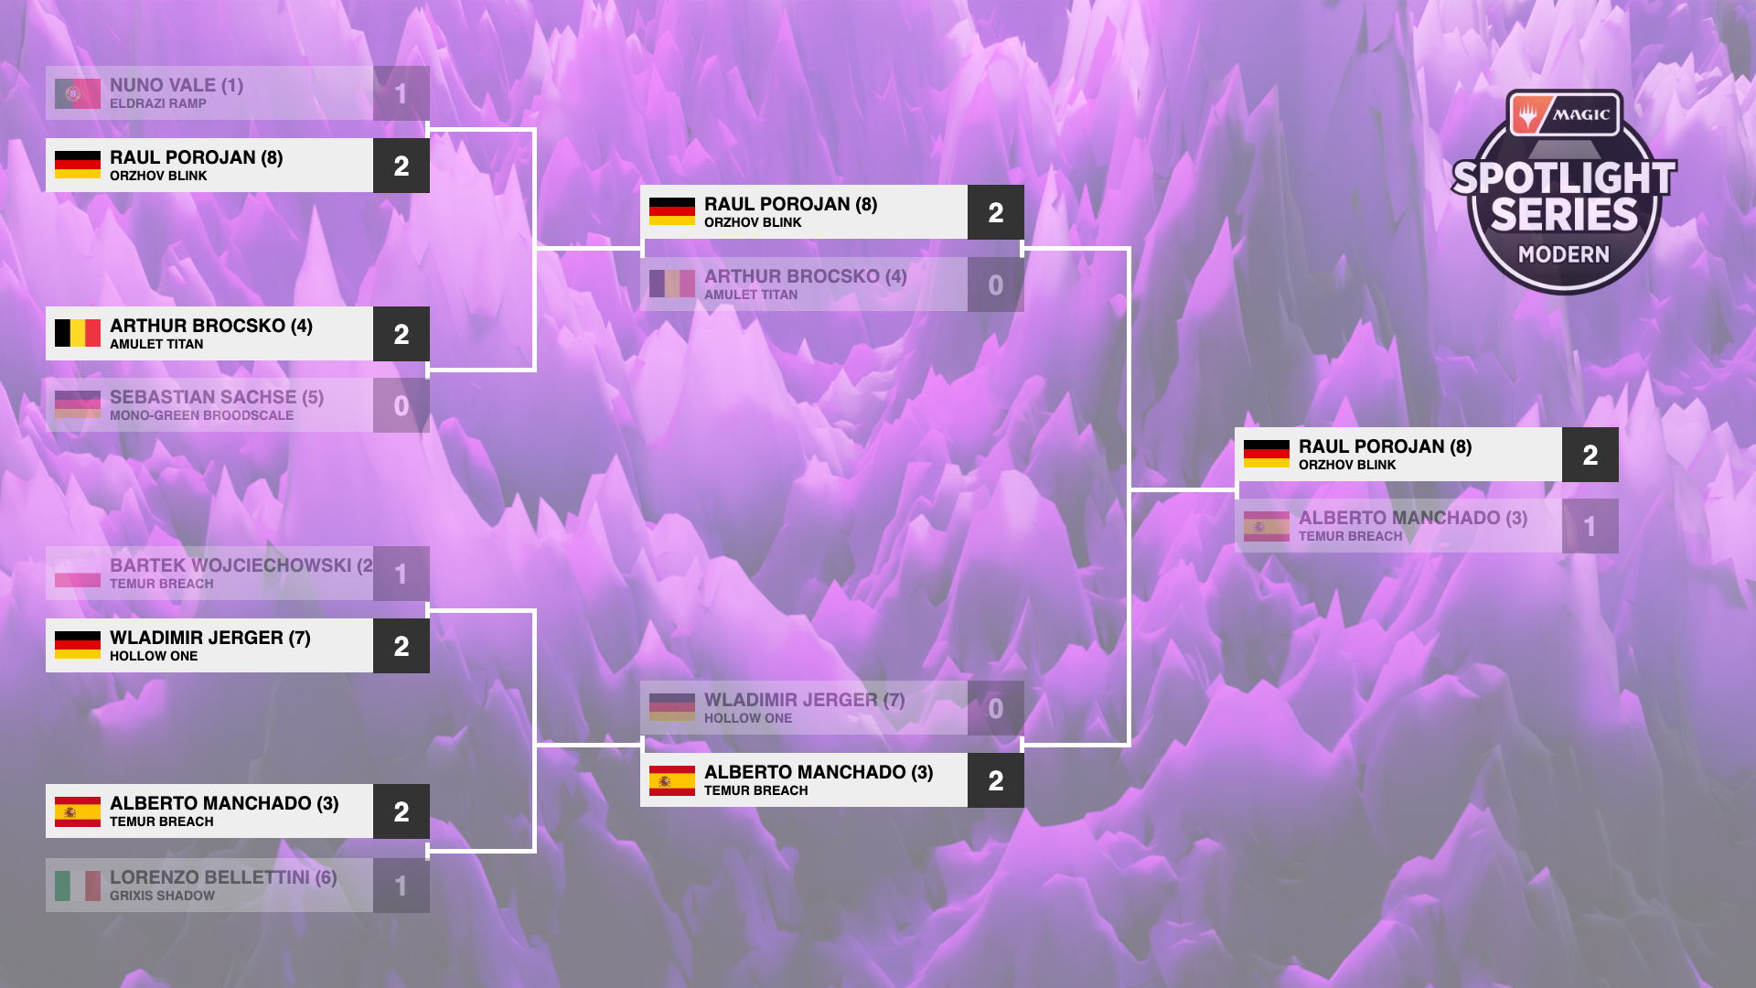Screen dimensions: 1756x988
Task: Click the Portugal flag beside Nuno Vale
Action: pyautogui.click(x=77, y=93)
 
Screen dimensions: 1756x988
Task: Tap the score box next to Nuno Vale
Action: pyautogui.click(x=401, y=93)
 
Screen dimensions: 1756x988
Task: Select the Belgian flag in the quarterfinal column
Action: pyautogui.click(x=77, y=333)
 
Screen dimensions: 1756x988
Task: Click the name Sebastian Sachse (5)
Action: pyautogui.click(x=217, y=397)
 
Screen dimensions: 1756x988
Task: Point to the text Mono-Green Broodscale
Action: pyautogui.click(x=201, y=415)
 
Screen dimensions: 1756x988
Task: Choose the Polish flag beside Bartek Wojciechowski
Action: pyautogui.click(x=77, y=574)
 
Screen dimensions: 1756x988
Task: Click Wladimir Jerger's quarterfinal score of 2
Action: pyautogui.click(x=401, y=646)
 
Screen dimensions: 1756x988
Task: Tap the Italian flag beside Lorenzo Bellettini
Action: pyautogui.click(x=77, y=886)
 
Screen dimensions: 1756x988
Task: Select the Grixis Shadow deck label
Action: pyautogui.click(x=162, y=896)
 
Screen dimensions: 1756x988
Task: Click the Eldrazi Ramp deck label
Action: pyautogui.click(x=157, y=103)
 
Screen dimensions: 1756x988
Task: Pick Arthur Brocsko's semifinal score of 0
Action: pyautogui.click(x=995, y=285)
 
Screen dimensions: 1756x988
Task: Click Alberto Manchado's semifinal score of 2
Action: pyautogui.click(x=995, y=780)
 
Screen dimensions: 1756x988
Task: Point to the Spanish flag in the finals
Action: pyautogui.click(x=1266, y=526)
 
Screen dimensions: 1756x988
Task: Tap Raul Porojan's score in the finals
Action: pyautogui.click(x=1590, y=455)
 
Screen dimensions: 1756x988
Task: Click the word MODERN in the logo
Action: pyautogui.click(x=1563, y=254)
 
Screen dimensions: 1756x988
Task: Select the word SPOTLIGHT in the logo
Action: pyautogui.click(x=1563, y=177)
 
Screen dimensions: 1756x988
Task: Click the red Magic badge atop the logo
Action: pyautogui.click(x=1563, y=114)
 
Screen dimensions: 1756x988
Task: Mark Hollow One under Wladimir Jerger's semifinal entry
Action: pyautogui.click(x=747, y=718)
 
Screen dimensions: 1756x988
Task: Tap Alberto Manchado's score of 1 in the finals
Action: pyautogui.click(x=1590, y=526)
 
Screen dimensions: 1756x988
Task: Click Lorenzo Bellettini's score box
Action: pyautogui.click(x=401, y=886)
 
